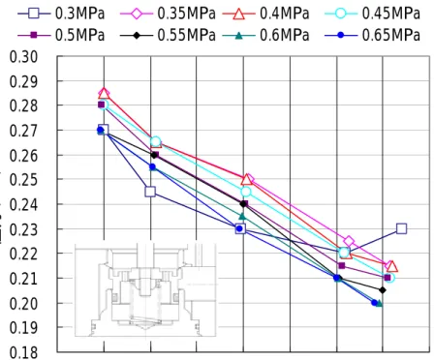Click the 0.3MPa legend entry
click(x=61, y=14)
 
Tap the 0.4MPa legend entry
click(x=266, y=14)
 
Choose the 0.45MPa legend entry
click(x=372, y=14)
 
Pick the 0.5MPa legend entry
click(x=61, y=35)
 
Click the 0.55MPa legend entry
click(x=168, y=35)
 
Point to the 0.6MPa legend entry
click(x=266, y=35)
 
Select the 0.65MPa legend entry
click(x=372, y=35)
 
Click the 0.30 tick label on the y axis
click(x=23, y=57)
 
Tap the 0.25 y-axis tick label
click(x=23, y=180)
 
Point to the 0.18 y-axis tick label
click(x=23, y=352)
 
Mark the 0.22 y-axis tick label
click(x=23, y=254)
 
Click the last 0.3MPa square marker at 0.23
click(x=401, y=228)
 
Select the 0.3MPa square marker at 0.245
click(x=150, y=192)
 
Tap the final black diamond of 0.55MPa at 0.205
click(x=383, y=290)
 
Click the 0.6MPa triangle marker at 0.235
click(x=242, y=216)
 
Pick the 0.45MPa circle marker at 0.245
click(x=246, y=192)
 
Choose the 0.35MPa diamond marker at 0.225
click(x=349, y=241)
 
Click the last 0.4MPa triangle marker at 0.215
click(x=392, y=266)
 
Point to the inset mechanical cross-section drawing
click(x=145, y=290)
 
